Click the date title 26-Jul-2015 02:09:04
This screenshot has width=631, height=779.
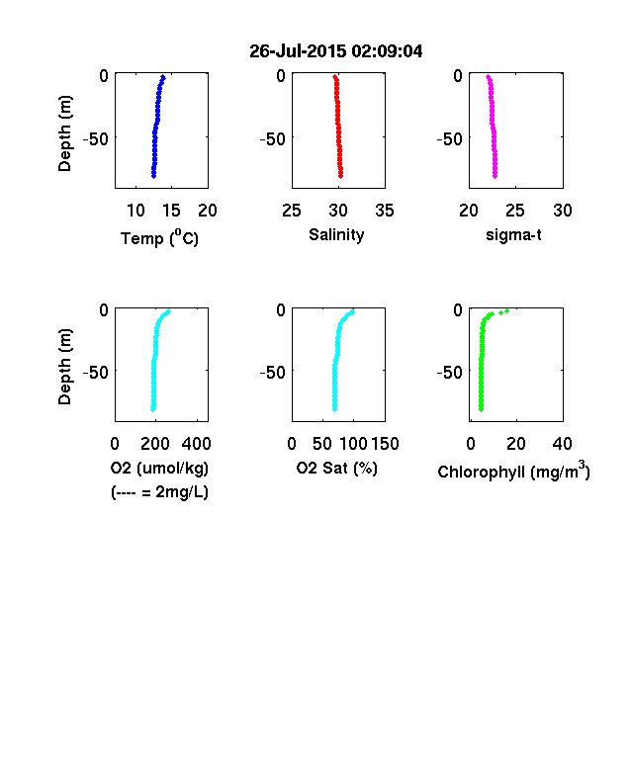[336, 51]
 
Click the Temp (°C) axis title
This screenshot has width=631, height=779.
[159, 238]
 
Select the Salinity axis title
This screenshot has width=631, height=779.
[336, 235]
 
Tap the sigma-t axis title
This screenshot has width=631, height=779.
[513, 235]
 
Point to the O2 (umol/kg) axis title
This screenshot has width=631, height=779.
[159, 469]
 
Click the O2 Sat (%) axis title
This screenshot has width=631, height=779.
[337, 469]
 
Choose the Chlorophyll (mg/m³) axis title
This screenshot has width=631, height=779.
[513, 471]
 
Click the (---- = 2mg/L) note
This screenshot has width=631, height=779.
[159, 492]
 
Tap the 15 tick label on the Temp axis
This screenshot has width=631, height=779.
[171, 211]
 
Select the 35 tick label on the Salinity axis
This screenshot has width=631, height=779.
[385, 211]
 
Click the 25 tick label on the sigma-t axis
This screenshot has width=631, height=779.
[515, 211]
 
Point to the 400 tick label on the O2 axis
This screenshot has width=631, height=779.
[196, 444]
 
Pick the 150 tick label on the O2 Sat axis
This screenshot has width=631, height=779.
[385, 444]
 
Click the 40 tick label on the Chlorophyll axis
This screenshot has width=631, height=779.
[562, 444]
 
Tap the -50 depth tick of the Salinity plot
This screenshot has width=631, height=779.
[273, 139]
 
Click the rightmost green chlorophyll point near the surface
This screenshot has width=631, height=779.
[506, 311]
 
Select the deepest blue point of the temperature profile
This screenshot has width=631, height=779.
[153, 175]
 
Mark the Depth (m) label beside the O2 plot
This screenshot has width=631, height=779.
[65, 367]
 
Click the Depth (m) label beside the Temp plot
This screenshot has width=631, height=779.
[65, 133]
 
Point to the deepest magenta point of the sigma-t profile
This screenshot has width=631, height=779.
[495, 175]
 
